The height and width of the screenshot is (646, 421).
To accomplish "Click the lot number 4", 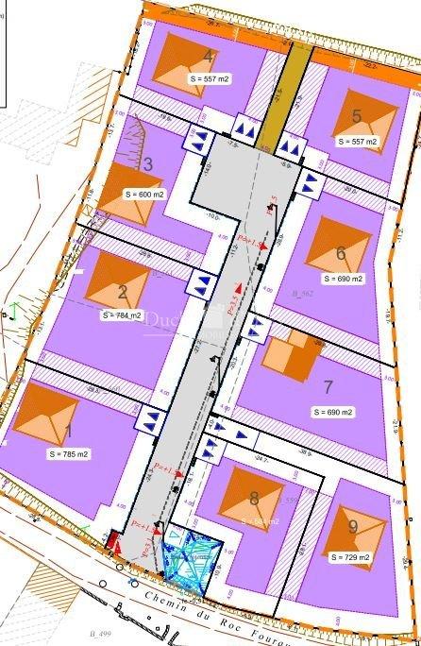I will (x=208, y=57).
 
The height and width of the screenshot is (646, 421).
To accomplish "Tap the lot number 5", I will (x=356, y=116).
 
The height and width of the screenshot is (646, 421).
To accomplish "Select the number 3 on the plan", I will (x=147, y=164).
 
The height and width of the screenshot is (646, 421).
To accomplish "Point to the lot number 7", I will (x=328, y=386).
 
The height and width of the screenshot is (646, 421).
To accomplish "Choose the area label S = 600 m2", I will (x=144, y=194).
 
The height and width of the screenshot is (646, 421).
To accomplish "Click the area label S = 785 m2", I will (x=67, y=454).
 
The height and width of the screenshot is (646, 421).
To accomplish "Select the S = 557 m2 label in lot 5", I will (x=358, y=142).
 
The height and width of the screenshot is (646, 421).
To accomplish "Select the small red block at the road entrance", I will (x=113, y=541).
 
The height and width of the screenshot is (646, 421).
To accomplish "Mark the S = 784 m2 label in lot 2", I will (x=121, y=314).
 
